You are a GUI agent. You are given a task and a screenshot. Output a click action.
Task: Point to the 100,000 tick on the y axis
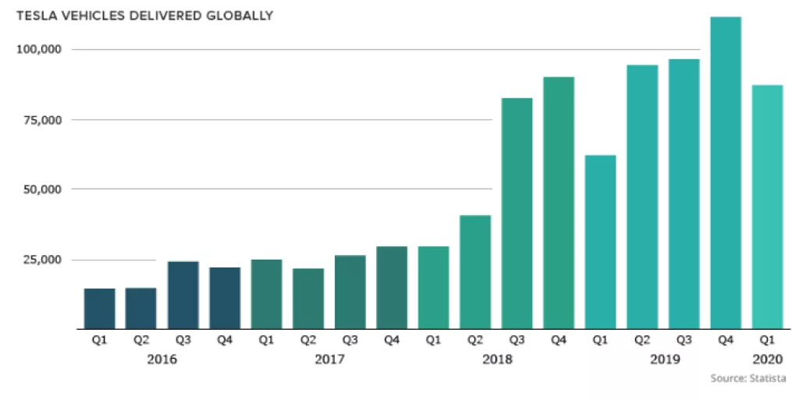point(38,49)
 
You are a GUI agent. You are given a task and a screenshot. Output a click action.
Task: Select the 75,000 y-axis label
point(41,119)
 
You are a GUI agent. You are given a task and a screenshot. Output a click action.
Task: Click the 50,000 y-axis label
point(41,189)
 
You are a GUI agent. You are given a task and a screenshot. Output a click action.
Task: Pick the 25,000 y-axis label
point(41,260)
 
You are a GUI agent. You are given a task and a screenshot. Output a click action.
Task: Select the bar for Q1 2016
point(100,309)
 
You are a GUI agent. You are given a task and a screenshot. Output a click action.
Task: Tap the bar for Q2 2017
point(308,299)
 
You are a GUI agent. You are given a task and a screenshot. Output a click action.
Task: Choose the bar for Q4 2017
point(392,288)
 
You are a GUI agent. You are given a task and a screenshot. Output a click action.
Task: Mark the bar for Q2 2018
point(475,272)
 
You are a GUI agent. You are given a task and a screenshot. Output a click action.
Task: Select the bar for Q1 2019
point(600,242)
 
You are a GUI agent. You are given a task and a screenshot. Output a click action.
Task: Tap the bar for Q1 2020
point(767,207)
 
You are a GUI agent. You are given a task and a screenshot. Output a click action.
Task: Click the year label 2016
point(162,359)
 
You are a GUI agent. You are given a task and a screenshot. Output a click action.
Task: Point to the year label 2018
point(496,359)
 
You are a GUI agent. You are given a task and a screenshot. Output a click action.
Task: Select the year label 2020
point(767,359)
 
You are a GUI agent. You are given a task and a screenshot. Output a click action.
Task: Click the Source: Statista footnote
point(748,379)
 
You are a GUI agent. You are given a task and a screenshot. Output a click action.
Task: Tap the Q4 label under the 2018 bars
point(559,341)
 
